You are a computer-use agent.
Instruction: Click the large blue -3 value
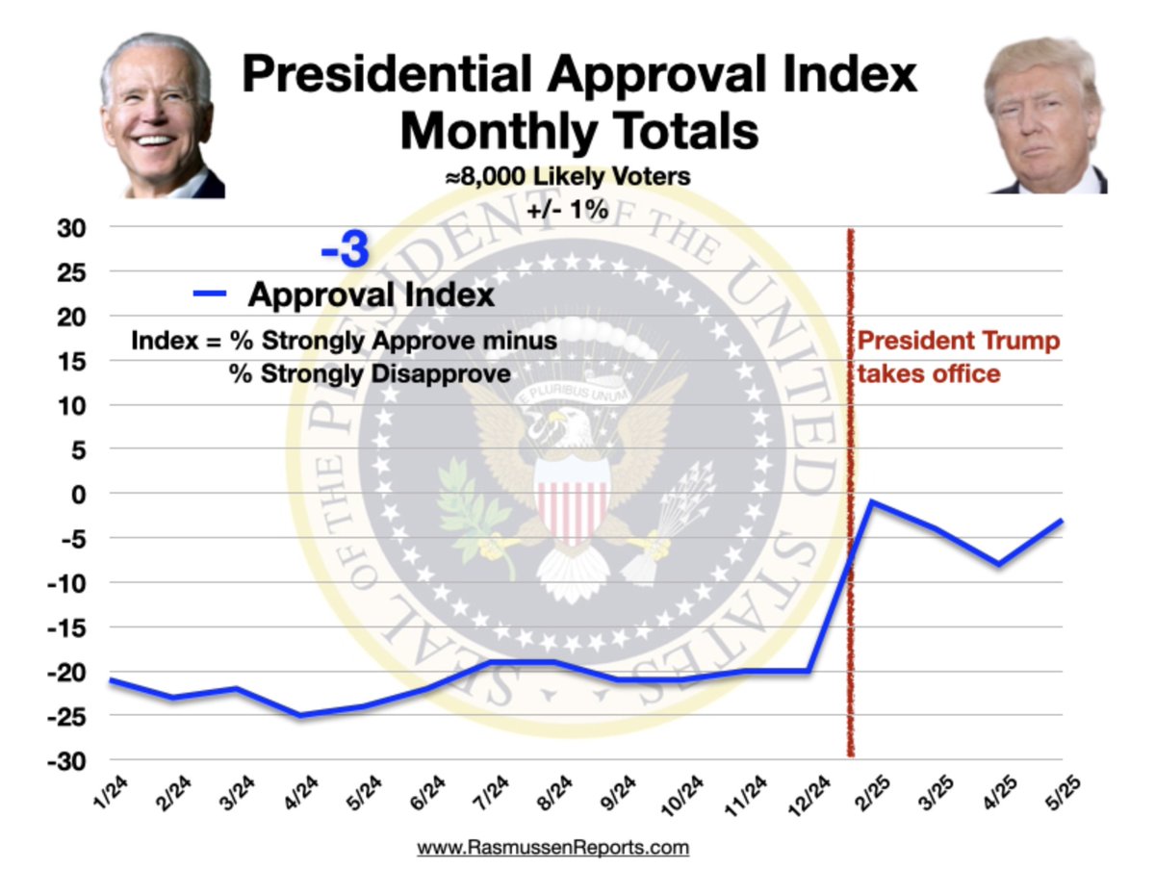point(345,252)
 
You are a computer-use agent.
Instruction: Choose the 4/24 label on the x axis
point(299,795)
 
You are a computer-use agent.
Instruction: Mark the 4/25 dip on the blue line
point(999,564)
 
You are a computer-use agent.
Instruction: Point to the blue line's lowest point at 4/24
point(300,715)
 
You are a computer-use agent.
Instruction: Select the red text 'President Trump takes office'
point(958,357)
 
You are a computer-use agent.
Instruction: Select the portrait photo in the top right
point(1045,115)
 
